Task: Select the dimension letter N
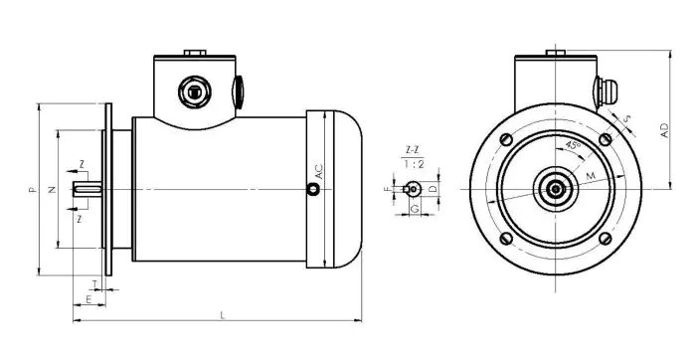[x=51, y=186]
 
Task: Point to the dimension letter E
[x=88, y=297]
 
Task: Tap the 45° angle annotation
[x=573, y=145]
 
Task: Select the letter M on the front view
[x=592, y=176]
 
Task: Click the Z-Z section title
[x=410, y=150]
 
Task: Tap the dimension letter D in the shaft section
[x=433, y=188]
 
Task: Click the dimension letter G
[x=414, y=211]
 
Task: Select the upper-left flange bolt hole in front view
[x=507, y=138]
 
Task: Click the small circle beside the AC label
[x=314, y=194]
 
